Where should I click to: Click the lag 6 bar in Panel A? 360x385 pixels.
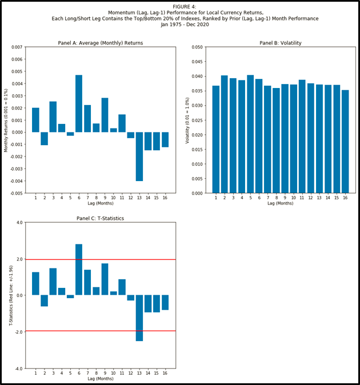[79, 103]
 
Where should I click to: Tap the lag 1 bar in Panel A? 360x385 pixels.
[35, 120]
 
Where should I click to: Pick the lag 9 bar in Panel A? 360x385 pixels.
[105, 115]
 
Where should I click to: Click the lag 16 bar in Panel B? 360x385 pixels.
[345, 141]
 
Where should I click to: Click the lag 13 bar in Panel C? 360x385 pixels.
[139, 318]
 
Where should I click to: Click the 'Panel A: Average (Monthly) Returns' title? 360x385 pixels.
[101, 43]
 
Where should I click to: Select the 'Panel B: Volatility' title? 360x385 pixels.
[280, 43]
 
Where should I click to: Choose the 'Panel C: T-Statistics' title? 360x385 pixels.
[100, 218]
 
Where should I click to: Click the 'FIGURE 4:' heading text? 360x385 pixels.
[180, 6]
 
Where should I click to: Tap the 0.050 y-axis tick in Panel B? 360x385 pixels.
[197, 47]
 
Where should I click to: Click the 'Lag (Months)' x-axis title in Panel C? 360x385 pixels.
[101, 379]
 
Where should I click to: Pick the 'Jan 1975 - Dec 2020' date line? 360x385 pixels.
[180, 25]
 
